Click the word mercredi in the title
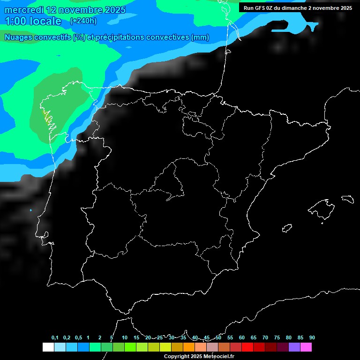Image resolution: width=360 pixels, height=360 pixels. coord(24,10)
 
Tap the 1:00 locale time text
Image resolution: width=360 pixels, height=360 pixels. coord(33,21)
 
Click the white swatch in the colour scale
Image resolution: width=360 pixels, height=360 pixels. coord(48,347)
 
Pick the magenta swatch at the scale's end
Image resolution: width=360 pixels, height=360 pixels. coord(306,347)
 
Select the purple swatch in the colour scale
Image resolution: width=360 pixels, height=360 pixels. coord(294,347)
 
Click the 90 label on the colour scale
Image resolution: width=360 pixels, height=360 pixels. coord(312,338)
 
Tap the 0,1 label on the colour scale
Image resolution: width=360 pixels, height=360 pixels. coord(55,338)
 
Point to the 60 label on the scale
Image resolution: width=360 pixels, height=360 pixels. coord(241,338)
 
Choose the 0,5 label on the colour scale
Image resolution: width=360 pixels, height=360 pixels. coord(78,338)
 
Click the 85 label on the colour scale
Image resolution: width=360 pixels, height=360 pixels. coord(300,338)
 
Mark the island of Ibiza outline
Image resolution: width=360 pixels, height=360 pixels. coord(287,228)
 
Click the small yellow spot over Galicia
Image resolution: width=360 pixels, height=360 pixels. coord(45,114)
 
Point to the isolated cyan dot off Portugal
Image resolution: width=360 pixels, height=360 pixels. coord(31,210)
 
